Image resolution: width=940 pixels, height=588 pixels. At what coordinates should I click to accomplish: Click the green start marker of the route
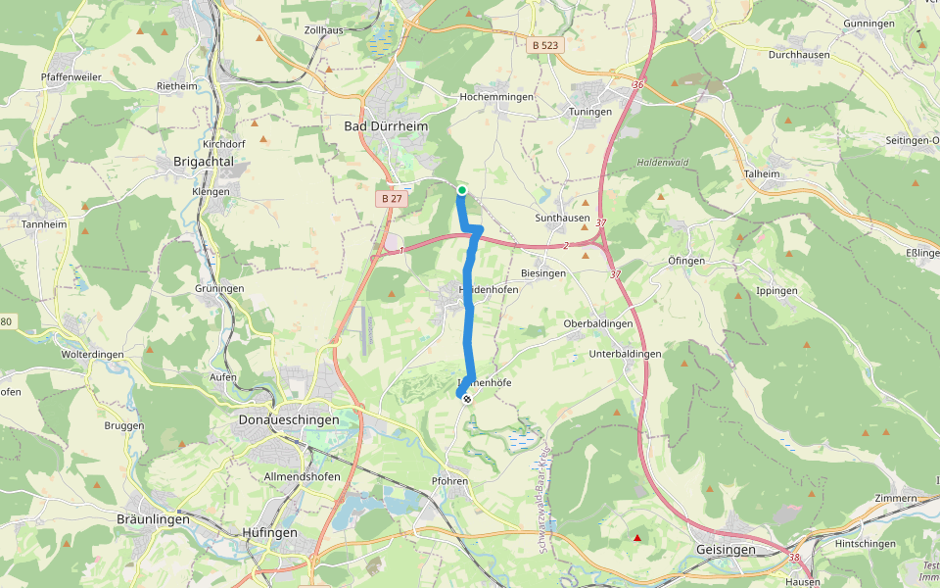[461, 190]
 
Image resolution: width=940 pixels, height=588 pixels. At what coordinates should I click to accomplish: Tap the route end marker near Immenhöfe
[467, 398]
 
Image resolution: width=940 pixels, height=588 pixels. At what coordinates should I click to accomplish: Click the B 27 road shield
[392, 198]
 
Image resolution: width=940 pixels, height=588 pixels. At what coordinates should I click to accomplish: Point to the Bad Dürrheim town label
[386, 126]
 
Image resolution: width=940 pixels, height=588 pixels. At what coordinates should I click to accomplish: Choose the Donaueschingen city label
[289, 419]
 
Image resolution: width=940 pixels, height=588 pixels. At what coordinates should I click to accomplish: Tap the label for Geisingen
[726, 550]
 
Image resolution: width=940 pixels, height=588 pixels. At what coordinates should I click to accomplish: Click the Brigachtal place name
[203, 161]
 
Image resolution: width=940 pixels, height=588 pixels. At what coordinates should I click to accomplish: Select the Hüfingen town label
[269, 532]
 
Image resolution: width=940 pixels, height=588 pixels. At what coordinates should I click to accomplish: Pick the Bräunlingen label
[153, 519]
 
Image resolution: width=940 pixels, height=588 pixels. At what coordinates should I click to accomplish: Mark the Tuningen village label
[590, 112]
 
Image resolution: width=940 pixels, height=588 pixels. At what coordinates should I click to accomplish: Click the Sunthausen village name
[563, 218]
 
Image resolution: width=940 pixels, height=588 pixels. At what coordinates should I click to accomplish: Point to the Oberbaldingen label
[598, 324]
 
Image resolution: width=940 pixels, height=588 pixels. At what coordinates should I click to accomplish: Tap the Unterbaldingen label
[627, 353]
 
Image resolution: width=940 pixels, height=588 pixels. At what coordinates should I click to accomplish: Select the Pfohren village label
[451, 481]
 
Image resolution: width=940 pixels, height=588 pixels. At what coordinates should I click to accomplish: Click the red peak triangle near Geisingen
[637, 538]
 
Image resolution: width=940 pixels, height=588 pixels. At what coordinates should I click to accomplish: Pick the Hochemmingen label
[496, 97]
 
